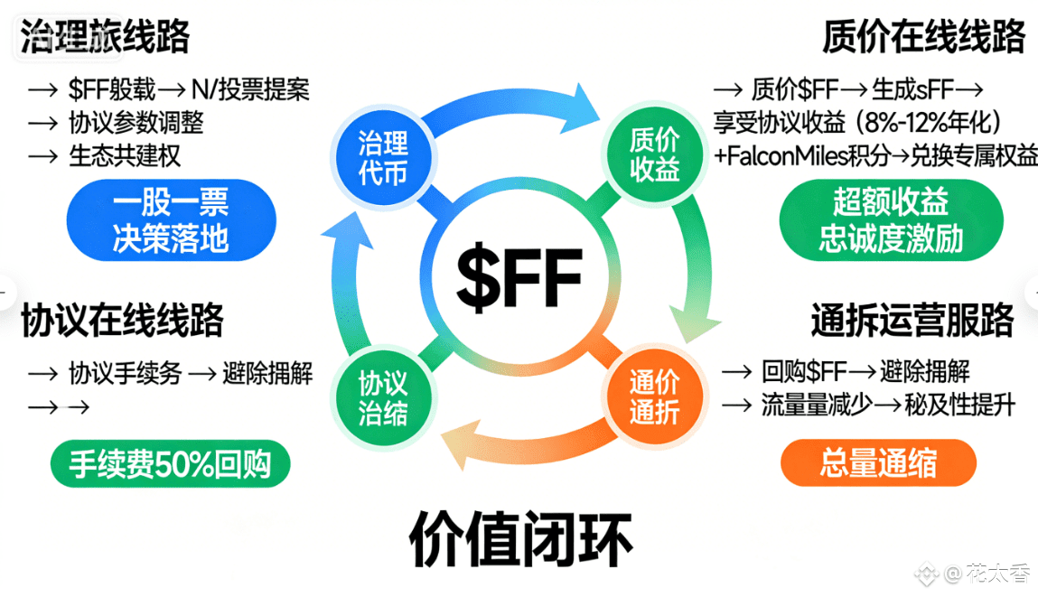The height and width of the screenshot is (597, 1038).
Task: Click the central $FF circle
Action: coord(519,276)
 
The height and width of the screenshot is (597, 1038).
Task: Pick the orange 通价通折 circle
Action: coord(654,396)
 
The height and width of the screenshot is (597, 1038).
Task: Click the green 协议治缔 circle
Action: coord(383,398)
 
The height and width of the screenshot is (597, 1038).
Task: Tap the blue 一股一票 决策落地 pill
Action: coord(171,219)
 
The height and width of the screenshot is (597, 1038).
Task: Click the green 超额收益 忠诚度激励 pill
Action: coord(891,220)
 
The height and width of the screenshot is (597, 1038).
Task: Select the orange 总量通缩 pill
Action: coord(878,463)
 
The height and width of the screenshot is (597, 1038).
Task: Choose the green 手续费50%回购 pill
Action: coord(171,463)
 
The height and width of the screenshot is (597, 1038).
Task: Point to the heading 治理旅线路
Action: coord(105,37)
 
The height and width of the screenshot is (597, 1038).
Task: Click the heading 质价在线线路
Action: coord(924,37)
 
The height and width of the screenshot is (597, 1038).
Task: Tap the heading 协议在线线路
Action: coord(122,321)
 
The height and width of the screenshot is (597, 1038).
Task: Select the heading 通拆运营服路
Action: coord(912,321)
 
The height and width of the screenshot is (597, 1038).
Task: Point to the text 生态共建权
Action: coord(125,155)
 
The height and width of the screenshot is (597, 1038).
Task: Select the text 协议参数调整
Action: coord(136,123)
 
